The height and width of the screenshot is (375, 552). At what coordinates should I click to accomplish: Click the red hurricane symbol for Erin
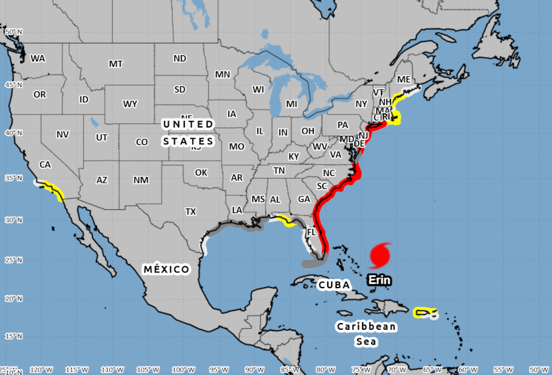click(380, 256)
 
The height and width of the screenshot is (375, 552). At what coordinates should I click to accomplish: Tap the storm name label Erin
click(379, 280)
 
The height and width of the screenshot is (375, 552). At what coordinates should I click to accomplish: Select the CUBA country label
click(335, 285)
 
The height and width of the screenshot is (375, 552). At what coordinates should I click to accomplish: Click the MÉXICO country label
click(166, 269)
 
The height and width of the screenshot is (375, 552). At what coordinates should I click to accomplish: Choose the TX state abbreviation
click(191, 211)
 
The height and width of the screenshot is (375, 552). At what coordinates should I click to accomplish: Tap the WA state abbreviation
click(38, 58)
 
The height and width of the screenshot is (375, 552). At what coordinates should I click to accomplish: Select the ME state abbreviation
click(404, 80)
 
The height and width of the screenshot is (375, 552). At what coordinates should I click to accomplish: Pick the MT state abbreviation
click(115, 64)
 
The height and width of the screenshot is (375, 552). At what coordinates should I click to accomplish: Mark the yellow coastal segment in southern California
click(52, 191)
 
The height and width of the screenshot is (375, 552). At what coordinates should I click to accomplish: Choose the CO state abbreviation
click(142, 142)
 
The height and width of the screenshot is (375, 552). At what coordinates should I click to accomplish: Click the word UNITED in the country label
click(188, 124)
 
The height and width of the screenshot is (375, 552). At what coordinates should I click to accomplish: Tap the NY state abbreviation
click(361, 104)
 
